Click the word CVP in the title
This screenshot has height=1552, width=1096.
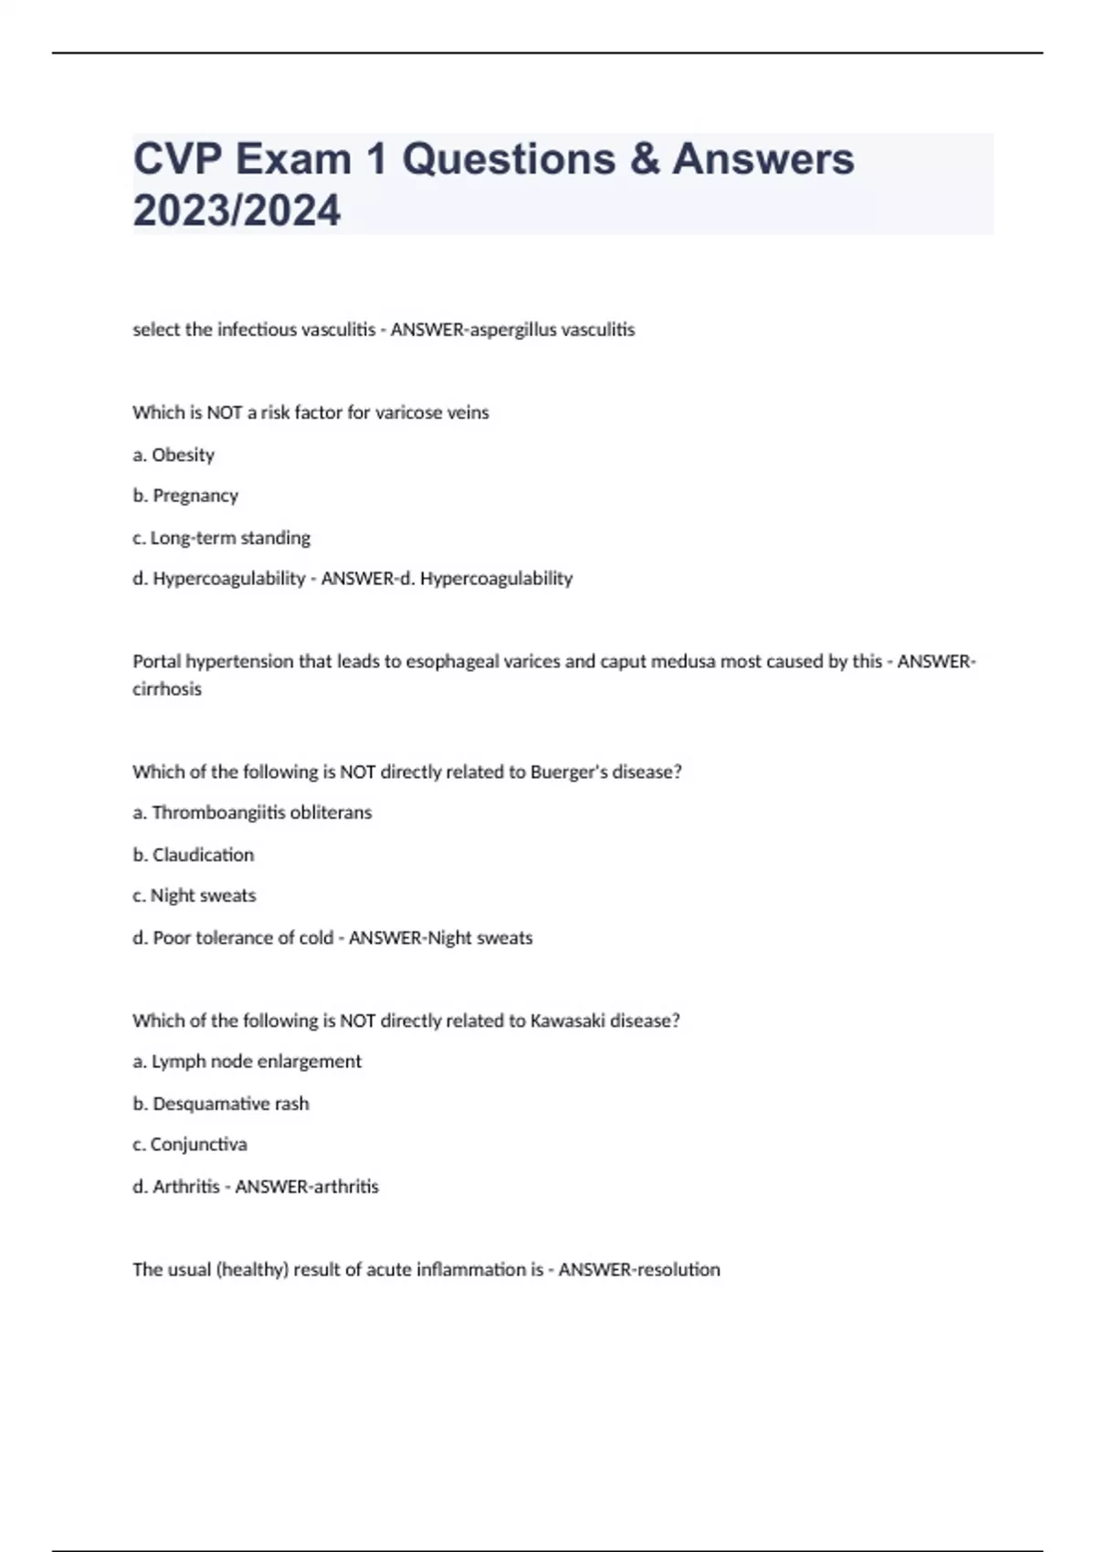click(x=177, y=159)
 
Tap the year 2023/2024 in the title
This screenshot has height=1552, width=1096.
click(x=237, y=210)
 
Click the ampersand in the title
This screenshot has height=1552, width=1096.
click(x=644, y=159)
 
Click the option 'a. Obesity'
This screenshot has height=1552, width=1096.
click(x=174, y=455)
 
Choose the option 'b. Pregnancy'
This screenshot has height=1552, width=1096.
click(x=185, y=496)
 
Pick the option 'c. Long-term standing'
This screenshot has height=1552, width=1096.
click(x=221, y=538)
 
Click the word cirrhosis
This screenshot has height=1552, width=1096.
click(x=167, y=689)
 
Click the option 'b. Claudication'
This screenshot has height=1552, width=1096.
click(x=194, y=855)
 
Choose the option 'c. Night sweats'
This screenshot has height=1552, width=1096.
click(x=194, y=896)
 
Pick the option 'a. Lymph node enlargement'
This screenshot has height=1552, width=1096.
click(x=247, y=1062)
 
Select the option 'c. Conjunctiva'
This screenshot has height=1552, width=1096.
click(x=189, y=1145)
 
